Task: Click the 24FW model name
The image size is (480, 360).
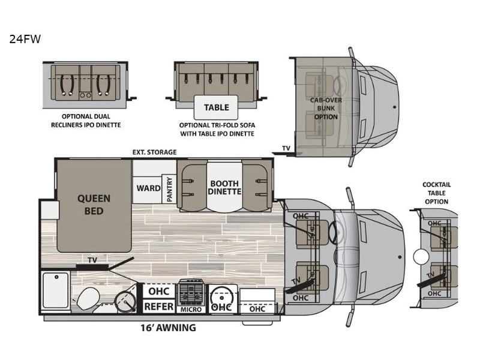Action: pos(25,39)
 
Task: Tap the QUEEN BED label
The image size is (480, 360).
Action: pos(94,205)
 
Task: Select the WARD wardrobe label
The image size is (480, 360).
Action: pos(148,188)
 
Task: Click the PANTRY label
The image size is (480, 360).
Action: pos(169,189)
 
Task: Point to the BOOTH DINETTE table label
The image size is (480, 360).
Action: pos(224,187)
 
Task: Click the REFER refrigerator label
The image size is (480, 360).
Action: pos(158,307)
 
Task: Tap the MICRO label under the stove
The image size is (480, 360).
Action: pos(191,310)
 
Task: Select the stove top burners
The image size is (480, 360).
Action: pos(191,292)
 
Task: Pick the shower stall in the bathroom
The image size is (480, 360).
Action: pos(56,290)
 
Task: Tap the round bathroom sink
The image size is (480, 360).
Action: pos(125,301)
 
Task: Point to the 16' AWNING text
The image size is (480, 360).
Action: pos(168,328)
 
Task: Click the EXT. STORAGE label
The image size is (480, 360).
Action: pos(154,152)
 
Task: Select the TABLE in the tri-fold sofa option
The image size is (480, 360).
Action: pos(217,107)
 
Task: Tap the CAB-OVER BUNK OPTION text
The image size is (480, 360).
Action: pos(326,109)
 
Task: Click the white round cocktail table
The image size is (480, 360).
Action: pos(421,257)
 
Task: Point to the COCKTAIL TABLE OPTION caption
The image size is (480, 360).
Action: pos(437,193)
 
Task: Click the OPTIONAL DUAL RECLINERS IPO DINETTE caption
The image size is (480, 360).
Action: pos(86,121)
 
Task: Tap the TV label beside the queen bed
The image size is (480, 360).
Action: pos(92,260)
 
